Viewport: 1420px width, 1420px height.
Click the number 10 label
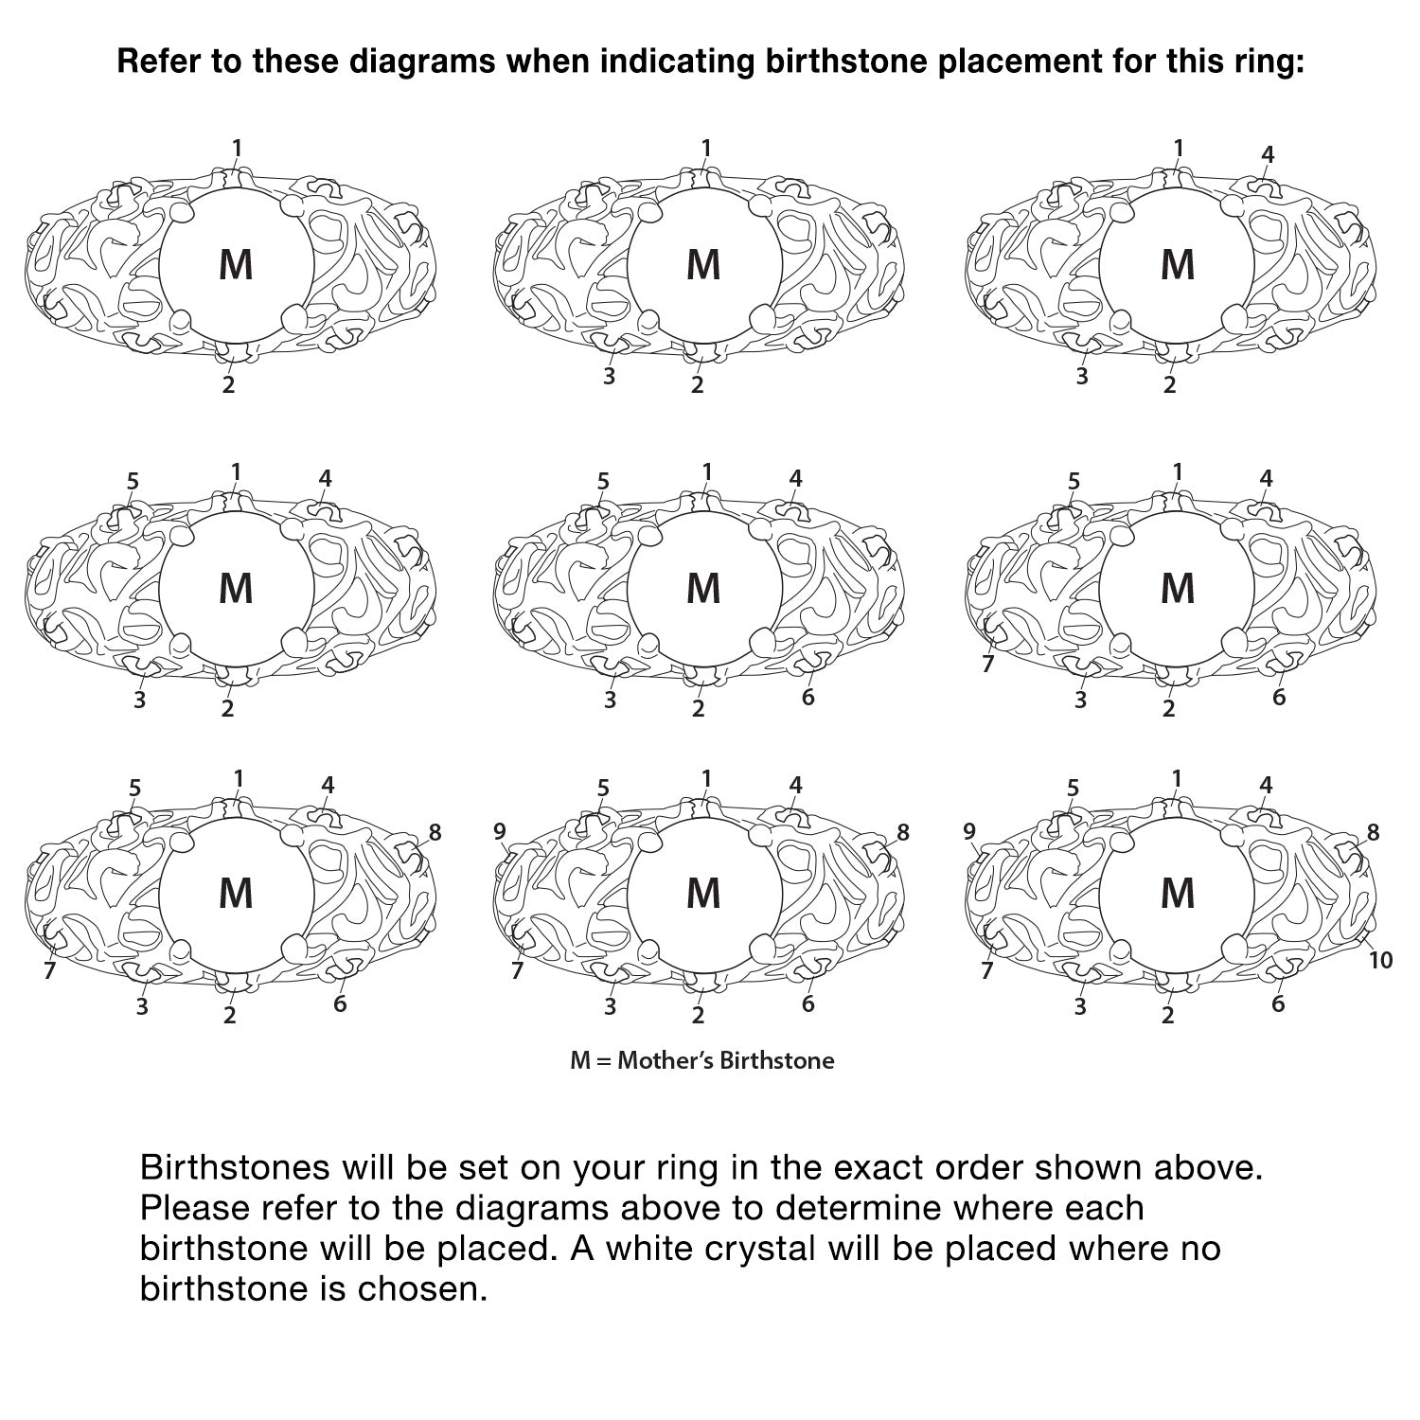tap(1381, 960)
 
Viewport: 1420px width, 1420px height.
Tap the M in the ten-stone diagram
tap(1178, 893)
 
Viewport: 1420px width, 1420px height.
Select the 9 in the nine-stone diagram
tap(500, 831)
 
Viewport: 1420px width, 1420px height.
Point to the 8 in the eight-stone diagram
tap(435, 832)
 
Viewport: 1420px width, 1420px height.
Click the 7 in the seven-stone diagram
tap(988, 664)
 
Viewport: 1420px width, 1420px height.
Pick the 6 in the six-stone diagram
tap(808, 697)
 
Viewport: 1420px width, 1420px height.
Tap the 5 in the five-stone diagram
tap(133, 481)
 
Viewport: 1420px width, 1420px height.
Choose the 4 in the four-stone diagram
tap(1269, 154)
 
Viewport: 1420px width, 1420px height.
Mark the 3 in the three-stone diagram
tap(610, 376)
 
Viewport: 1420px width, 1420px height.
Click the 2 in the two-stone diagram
tap(228, 385)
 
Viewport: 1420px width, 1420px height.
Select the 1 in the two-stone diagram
tap(237, 148)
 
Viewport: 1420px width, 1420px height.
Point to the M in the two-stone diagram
tap(236, 264)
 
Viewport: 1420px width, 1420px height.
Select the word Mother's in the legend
tap(665, 1060)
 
